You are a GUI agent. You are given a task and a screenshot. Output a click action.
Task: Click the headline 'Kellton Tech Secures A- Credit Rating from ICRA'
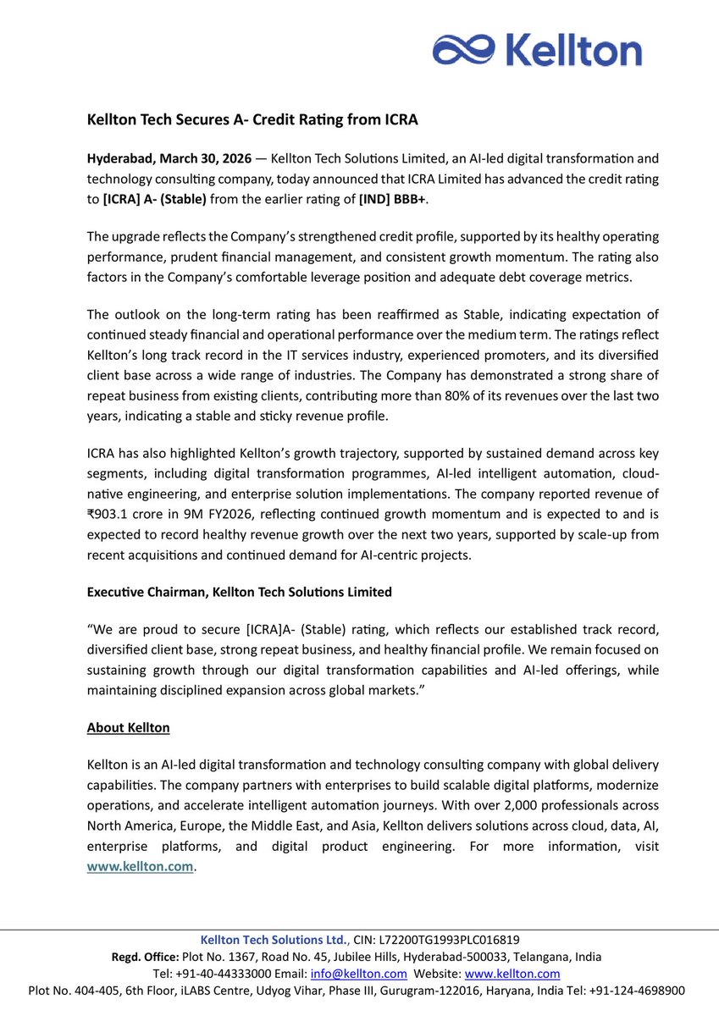[x=253, y=119]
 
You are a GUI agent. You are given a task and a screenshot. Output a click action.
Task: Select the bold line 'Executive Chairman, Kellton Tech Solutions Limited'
[x=240, y=592]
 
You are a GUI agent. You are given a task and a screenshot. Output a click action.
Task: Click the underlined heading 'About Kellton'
[x=128, y=727]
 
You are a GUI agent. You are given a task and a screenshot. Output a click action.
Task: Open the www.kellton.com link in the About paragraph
[x=141, y=865]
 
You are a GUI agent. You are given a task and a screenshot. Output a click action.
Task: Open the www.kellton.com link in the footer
[x=512, y=974]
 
